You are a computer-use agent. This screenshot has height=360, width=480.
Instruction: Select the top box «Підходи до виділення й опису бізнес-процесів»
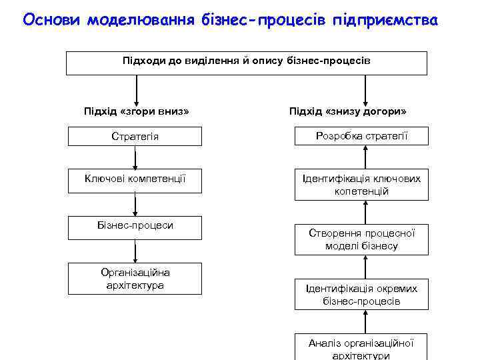[x=246, y=61]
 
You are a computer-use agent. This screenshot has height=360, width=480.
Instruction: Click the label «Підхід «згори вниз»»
[x=137, y=110]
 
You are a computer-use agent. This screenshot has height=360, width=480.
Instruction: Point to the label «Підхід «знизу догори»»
[x=348, y=110]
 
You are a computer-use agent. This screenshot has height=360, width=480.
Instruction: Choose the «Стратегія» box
[x=135, y=136]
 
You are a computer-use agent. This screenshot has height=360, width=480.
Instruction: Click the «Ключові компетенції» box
[x=135, y=179]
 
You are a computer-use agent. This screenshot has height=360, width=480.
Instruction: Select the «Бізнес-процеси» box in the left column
[x=135, y=226]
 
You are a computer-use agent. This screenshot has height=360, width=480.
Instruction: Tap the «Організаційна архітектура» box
[x=135, y=279]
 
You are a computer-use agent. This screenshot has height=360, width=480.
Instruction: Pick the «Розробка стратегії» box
[x=362, y=136]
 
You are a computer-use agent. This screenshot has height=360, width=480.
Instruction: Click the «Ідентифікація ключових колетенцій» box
[x=362, y=185]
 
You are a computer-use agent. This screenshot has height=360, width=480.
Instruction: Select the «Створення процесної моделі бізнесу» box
[x=362, y=239]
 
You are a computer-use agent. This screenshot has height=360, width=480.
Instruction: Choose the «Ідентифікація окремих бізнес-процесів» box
[x=362, y=294]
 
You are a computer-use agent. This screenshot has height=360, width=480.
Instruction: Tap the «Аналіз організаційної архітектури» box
[x=362, y=347]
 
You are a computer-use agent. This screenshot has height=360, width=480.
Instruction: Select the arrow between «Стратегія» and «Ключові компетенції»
[x=135, y=158]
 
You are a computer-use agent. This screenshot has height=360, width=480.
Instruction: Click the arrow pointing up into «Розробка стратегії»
[x=365, y=157]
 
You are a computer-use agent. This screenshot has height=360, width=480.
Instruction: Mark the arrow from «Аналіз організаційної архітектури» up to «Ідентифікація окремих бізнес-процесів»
[x=365, y=321]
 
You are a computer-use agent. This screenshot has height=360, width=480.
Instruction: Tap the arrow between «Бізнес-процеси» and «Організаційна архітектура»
[x=135, y=251]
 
